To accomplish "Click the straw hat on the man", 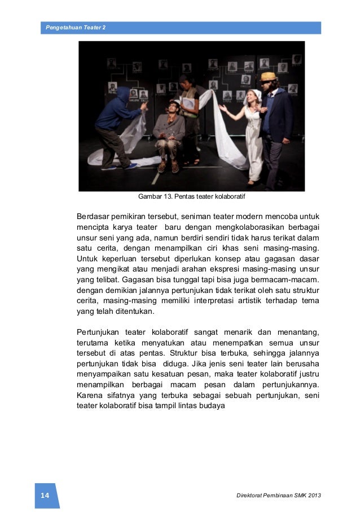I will (x=269, y=76).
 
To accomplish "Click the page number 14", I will (x=45, y=496).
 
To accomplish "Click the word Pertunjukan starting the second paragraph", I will (x=99, y=330).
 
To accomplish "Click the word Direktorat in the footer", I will (x=250, y=496).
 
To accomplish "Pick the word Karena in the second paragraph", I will (x=89, y=395).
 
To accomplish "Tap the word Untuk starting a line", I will (x=87, y=260).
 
